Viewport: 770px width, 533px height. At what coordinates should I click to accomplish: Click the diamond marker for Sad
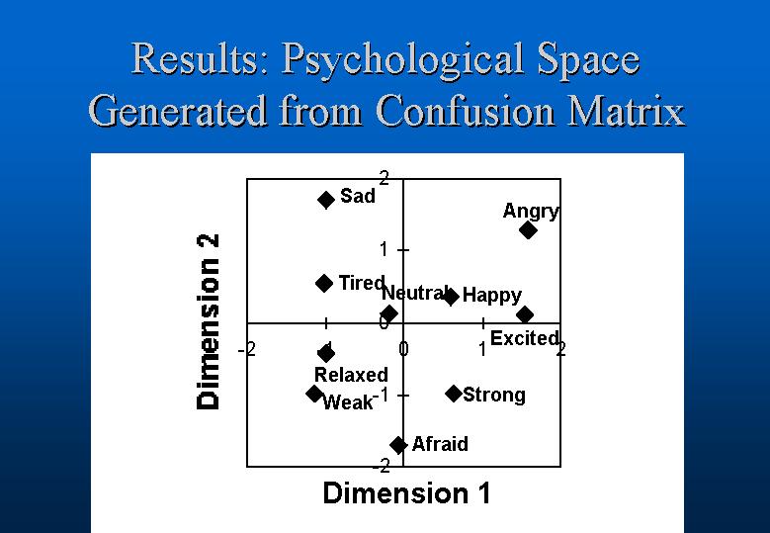[326, 200]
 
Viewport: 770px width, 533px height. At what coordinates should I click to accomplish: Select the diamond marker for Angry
[528, 229]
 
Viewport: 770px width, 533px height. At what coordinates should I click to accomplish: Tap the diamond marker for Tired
[324, 283]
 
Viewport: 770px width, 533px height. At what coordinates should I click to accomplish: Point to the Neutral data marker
[388, 313]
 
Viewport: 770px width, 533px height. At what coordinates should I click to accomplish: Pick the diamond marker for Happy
[451, 297]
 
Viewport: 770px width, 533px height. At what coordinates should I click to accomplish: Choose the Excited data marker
[525, 314]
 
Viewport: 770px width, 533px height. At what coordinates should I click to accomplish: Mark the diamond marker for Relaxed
[326, 353]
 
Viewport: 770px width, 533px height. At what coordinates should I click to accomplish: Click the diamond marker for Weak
[314, 393]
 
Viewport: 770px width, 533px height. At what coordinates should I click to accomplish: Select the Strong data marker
[454, 393]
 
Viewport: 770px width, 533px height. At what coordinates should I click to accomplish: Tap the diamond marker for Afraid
[398, 445]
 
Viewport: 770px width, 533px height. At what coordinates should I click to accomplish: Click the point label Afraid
[440, 444]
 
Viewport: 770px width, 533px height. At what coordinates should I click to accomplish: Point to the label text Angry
[531, 212]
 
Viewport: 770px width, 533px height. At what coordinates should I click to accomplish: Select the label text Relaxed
[351, 375]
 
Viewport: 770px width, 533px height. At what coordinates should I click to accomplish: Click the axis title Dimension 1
[406, 493]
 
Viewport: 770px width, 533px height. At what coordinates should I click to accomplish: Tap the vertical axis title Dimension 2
[209, 321]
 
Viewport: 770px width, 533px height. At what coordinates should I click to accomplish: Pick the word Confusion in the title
[467, 111]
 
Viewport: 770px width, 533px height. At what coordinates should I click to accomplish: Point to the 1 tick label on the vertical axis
[384, 250]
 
